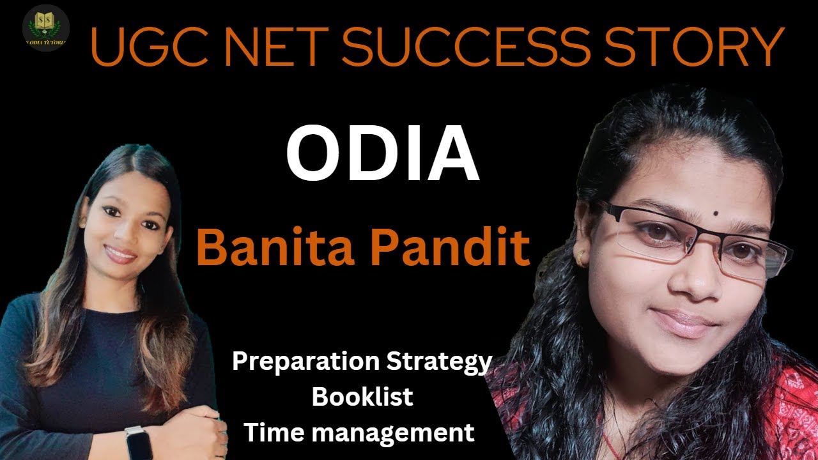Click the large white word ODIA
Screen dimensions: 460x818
(x=382, y=157)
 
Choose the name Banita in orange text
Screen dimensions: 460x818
(x=278, y=249)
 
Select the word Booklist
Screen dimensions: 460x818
(x=362, y=397)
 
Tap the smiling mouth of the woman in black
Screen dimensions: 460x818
(x=121, y=254)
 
